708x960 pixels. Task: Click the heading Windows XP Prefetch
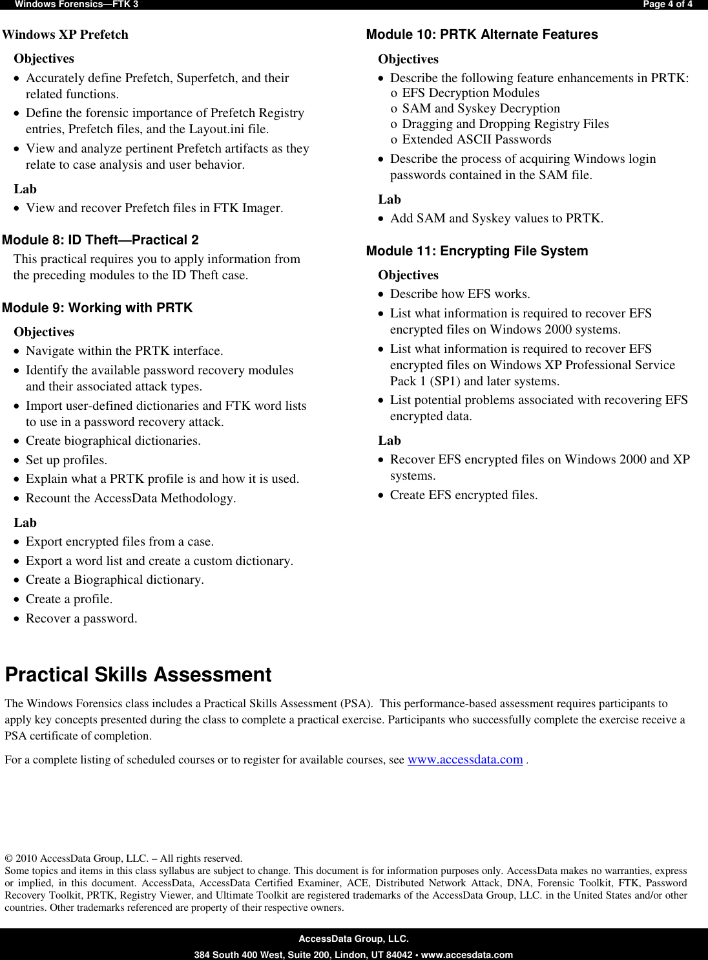click(65, 35)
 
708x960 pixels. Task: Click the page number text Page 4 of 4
click(667, 5)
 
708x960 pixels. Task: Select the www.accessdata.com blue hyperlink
click(465, 760)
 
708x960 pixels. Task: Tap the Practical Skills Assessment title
click(138, 675)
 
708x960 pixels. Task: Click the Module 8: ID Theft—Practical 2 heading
click(100, 240)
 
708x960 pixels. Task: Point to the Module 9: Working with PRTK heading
click(97, 308)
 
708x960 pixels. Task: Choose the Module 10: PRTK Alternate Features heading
click(482, 35)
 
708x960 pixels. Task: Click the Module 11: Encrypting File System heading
click(477, 251)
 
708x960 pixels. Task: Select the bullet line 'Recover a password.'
click(81, 619)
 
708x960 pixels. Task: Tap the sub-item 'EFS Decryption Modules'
click(470, 93)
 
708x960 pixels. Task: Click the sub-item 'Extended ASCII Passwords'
click(477, 140)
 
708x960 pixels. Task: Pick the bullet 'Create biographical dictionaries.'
click(113, 441)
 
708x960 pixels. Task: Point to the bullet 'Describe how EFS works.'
click(460, 294)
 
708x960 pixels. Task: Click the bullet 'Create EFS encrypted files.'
click(464, 495)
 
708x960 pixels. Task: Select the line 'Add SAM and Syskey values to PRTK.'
click(497, 219)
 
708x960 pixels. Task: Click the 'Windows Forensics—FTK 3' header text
click(76, 5)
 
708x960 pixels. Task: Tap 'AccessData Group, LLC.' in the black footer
click(353, 939)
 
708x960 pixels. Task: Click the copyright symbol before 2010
click(8, 859)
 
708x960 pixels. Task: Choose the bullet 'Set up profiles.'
click(67, 460)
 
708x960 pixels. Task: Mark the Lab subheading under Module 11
click(390, 441)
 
